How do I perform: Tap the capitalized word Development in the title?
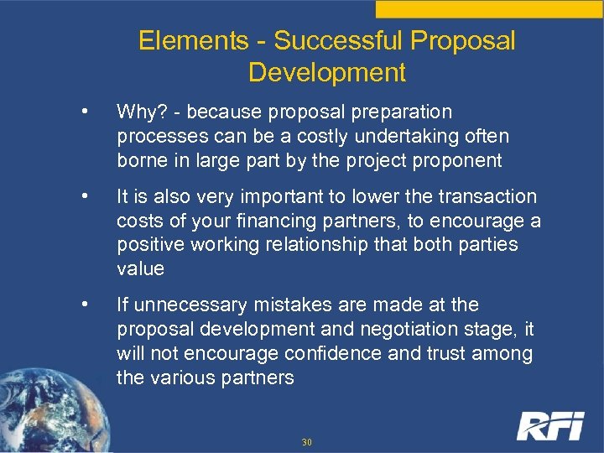pyautogui.click(x=327, y=72)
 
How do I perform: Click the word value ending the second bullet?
pyautogui.click(x=140, y=269)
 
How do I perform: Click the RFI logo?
pyautogui.click(x=549, y=425)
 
